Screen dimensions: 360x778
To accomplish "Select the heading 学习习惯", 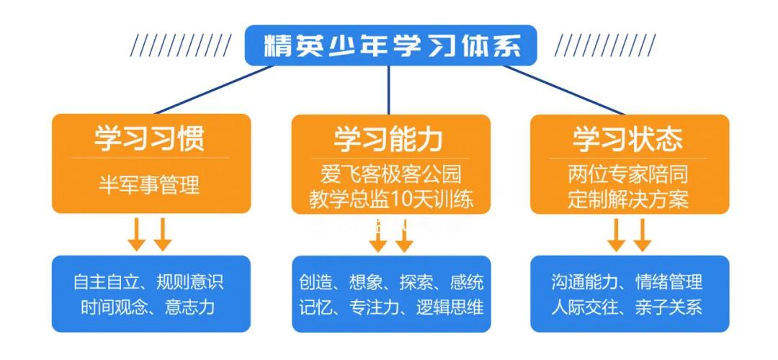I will coord(150,138).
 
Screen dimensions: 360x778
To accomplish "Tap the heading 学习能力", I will coord(389,138).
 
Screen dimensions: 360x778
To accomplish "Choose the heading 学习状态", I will coord(628,138).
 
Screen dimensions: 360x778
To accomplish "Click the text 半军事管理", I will coord(149,185).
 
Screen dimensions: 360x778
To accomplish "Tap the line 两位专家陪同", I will coord(628,175).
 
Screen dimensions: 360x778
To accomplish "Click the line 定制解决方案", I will coord(628,199).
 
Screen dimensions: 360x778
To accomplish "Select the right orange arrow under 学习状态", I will coord(641,234).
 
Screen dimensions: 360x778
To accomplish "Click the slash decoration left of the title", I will coord(180,45).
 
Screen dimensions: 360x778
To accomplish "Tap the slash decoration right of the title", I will coord(604,45).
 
